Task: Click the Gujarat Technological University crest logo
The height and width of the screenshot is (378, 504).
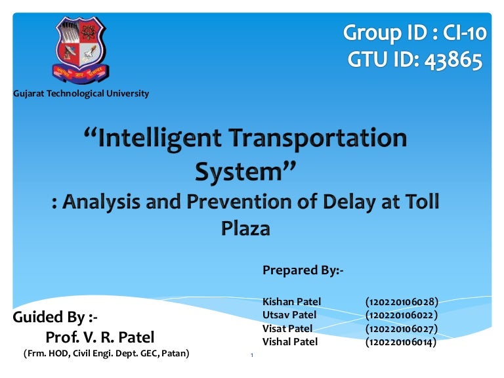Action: pos(80,50)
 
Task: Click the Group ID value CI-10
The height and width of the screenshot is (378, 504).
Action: pos(465,33)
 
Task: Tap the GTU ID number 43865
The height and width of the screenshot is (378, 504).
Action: pos(453,60)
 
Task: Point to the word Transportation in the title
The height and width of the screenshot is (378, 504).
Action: pos(319,138)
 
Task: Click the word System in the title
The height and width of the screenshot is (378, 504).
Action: pos(238,172)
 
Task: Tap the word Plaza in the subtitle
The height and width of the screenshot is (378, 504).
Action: pos(245,228)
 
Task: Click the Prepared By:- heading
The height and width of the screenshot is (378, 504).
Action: pos(303,270)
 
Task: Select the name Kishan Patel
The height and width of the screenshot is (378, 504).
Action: pos(291,301)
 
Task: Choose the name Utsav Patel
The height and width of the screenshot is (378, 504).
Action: pos(289,315)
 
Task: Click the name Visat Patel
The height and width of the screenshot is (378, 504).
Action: pos(287,329)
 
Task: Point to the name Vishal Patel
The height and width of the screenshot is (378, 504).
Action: pos(290,342)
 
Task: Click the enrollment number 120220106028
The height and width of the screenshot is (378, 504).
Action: pos(402,302)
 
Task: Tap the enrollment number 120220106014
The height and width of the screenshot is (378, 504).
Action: pos(401,342)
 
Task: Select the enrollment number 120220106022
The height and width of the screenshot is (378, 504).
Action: pos(402,315)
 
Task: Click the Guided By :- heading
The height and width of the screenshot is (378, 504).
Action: pos(55,317)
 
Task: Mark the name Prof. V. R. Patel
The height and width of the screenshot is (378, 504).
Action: pos(100,337)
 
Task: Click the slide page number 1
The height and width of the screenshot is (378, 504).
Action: pos(252,355)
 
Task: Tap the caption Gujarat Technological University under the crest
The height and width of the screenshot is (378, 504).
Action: pos(81,94)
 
